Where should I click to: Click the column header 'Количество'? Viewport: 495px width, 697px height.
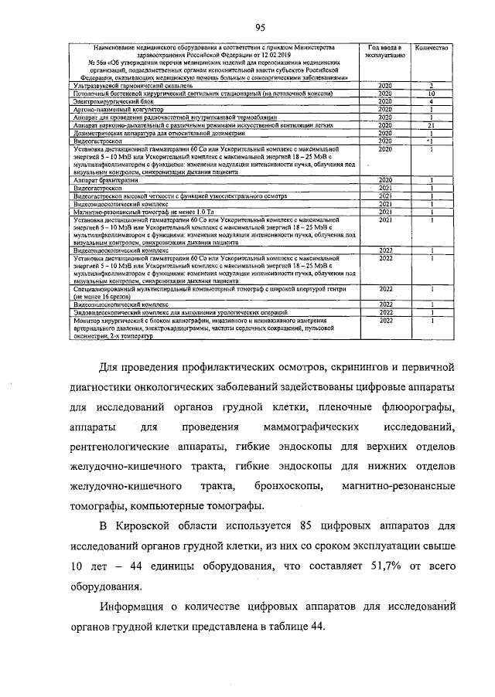[431, 48]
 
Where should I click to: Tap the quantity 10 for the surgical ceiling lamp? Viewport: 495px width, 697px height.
[431, 93]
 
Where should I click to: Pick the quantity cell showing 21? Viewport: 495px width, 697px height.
[431, 125]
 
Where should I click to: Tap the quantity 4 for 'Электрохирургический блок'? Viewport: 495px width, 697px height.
[431, 101]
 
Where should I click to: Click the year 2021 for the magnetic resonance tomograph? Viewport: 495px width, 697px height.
[384, 211]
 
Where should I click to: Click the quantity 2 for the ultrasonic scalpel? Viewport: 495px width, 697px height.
[431, 85]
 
